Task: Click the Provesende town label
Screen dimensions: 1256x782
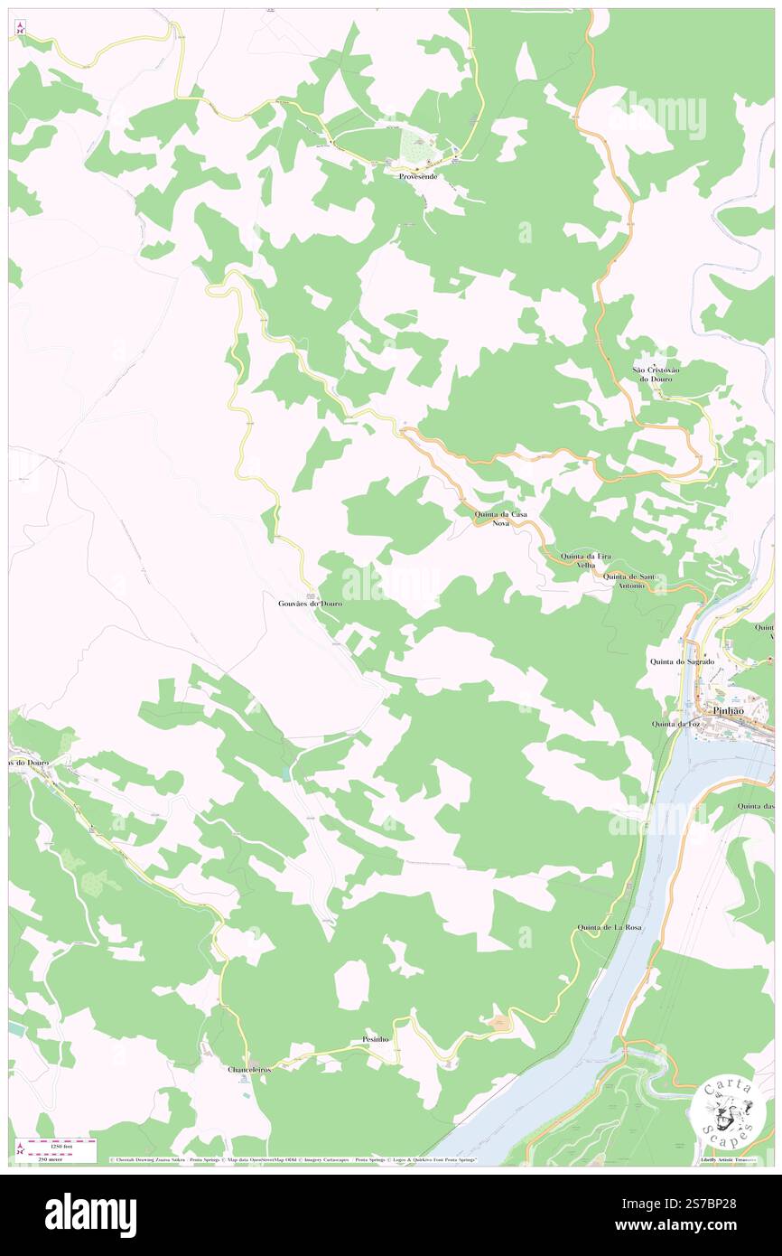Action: click(418, 176)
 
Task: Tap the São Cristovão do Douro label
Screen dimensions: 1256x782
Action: click(656, 374)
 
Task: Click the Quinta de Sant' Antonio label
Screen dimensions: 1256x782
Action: click(630, 581)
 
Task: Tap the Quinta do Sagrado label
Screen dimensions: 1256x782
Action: click(682, 661)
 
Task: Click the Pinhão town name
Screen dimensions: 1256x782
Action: click(728, 710)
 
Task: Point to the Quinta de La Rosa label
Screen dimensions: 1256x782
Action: click(610, 928)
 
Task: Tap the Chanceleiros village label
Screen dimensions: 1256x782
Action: click(248, 1069)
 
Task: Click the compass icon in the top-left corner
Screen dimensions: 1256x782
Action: click(20, 28)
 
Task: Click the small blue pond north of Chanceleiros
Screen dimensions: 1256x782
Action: click(286, 773)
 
